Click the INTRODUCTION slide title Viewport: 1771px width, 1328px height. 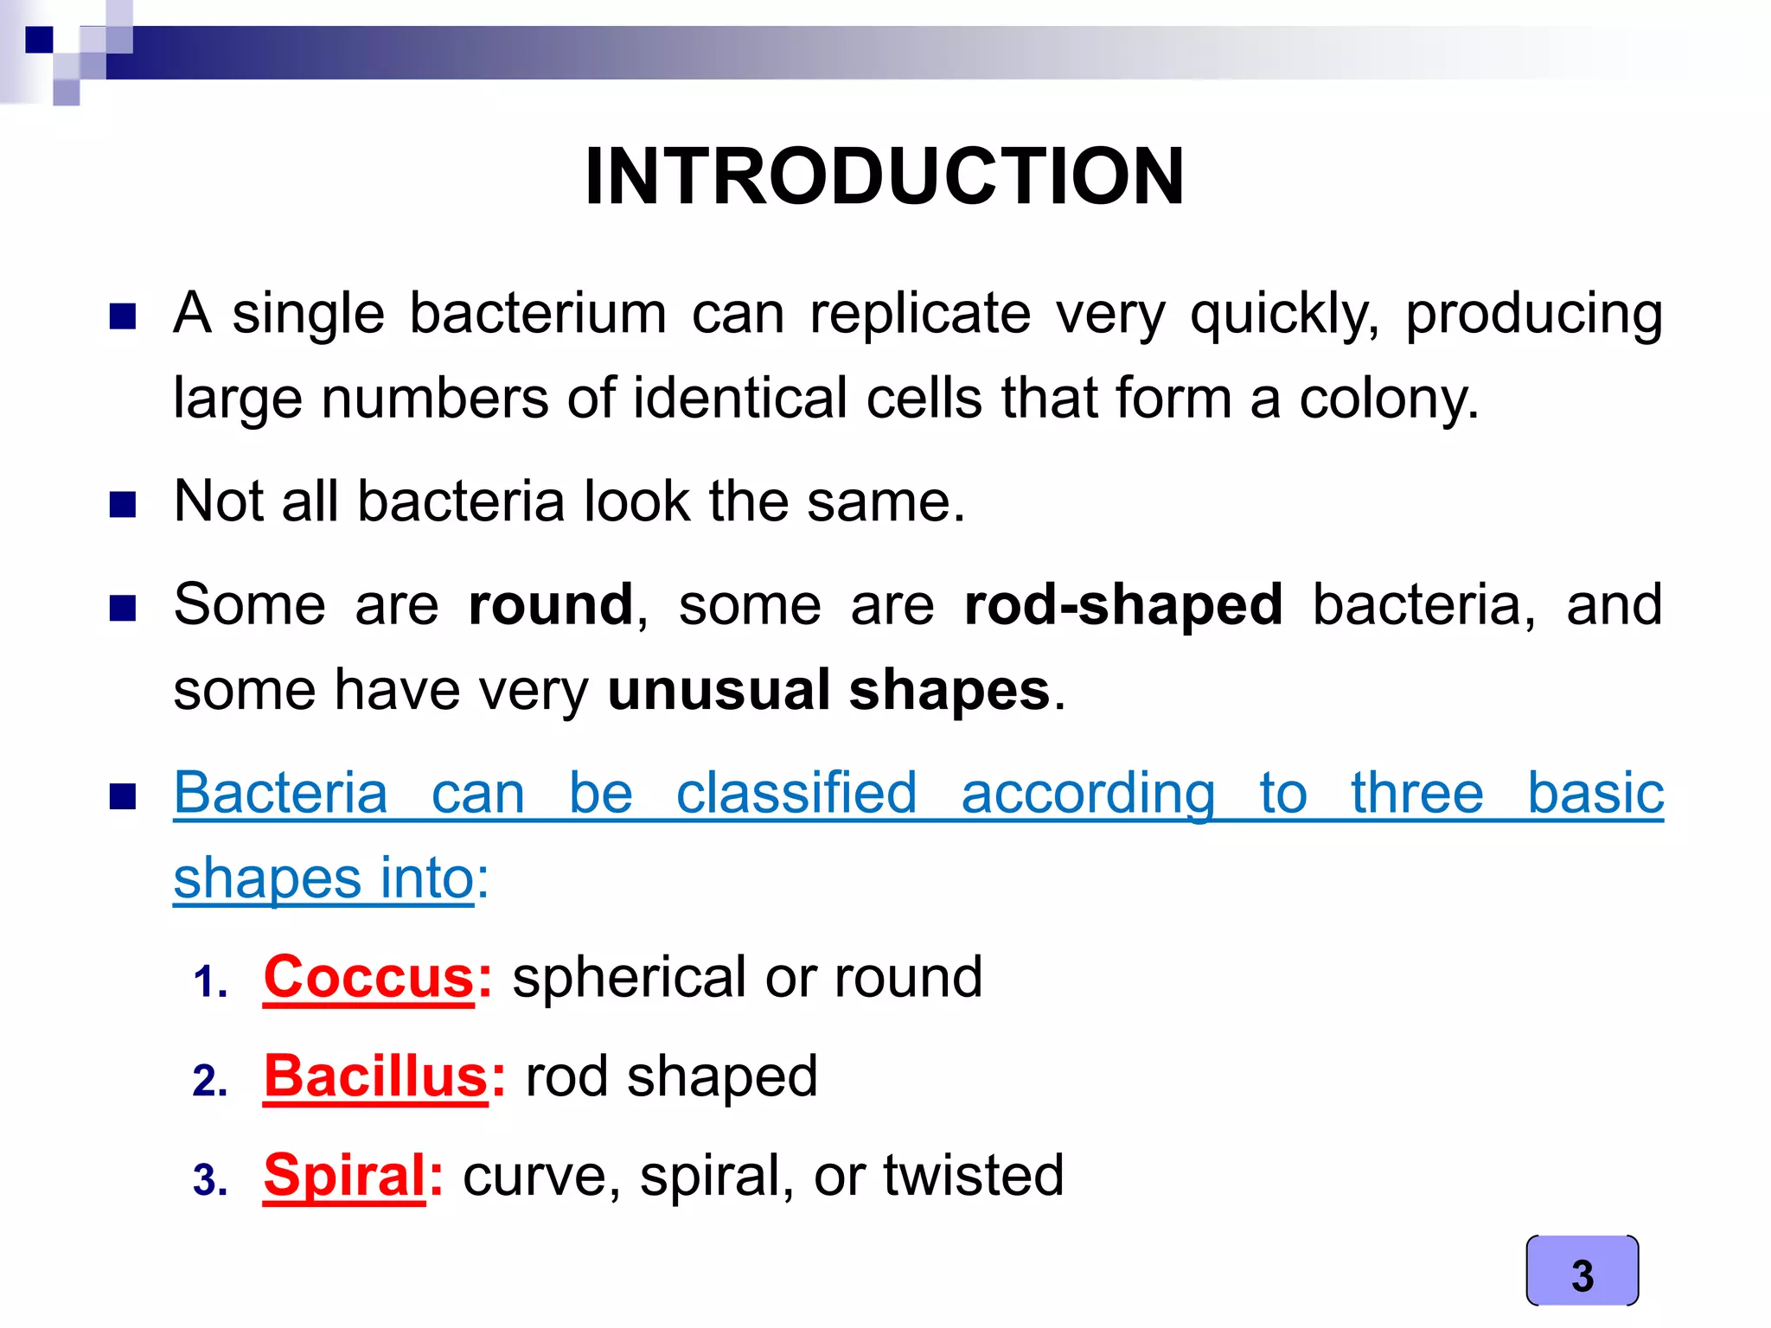884,176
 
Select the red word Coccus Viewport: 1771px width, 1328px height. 369,977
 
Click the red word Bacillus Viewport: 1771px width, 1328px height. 376,1076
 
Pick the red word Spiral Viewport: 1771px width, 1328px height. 344,1175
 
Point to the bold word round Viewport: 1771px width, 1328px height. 551,604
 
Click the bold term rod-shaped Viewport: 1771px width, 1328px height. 1122,604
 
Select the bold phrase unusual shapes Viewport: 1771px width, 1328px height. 828,690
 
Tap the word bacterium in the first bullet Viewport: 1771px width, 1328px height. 537,313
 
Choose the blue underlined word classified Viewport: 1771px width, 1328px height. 796,793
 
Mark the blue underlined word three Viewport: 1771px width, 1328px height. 1416,793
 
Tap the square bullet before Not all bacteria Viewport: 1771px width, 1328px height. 123,504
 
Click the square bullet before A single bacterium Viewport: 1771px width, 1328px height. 123,316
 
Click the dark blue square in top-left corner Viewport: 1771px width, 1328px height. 40,40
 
